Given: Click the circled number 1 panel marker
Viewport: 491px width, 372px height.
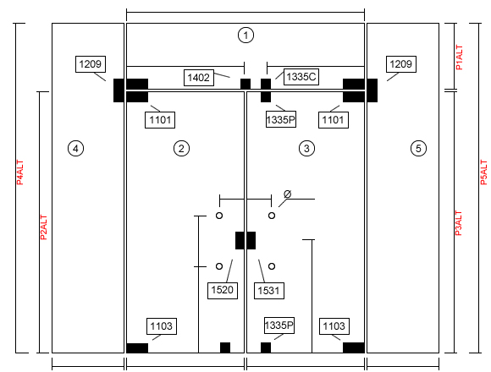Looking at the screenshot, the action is pyautogui.click(x=245, y=35).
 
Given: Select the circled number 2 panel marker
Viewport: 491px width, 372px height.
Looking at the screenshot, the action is pyautogui.click(x=181, y=148).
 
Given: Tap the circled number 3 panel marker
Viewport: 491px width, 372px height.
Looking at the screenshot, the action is pyautogui.click(x=306, y=148).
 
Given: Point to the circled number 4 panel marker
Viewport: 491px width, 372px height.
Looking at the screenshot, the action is pyautogui.click(x=75, y=148).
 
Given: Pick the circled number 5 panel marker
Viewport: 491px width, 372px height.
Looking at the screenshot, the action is pyautogui.click(x=418, y=148).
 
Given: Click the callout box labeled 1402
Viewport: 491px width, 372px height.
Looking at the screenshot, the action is pyautogui.click(x=199, y=78).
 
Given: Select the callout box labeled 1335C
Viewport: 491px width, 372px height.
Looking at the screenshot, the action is pyautogui.click(x=301, y=77).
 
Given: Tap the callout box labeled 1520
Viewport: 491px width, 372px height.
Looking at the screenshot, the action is pyautogui.click(x=223, y=290).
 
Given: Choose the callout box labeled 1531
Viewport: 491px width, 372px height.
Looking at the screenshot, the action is pyautogui.click(x=269, y=291).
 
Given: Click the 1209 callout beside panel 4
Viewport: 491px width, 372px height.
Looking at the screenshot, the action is pyautogui.click(x=91, y=64).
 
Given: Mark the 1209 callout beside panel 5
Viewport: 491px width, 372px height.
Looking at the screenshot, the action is pyautogui.click(x=401, y=64).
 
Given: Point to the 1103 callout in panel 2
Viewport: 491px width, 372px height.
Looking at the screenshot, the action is pyautogui.click(x=162, y=326).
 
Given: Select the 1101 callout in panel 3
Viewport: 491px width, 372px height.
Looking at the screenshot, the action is pyautogui.click(x=334, y=120).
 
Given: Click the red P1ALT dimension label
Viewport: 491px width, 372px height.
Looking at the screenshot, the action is pyautogui.click(x=459, y=57).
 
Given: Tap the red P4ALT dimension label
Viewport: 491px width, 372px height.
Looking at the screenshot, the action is pyautogui.click(x=19, y=172).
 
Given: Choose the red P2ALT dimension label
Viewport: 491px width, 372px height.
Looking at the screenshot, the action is pyautogui.click(x=44, y=227).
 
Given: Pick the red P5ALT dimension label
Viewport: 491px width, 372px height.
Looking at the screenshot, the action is pyautogui.click(x=483, y=172).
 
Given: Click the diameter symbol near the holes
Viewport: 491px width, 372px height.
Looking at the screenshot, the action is pyautogui.click(x=288, y=194).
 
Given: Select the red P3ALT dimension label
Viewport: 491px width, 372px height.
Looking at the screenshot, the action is pyautogui.click(x=458, y=223).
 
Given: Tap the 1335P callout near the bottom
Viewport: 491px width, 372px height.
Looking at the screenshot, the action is pyautogui.click(x=279, y=325).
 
